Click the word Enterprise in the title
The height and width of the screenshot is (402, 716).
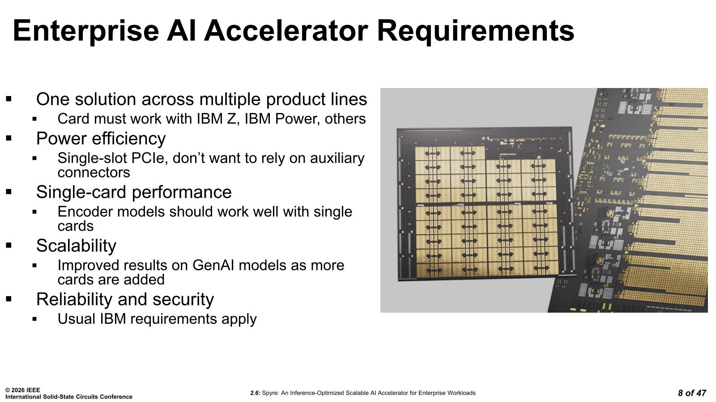tap(86, 31)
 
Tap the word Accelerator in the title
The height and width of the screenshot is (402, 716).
tap(286, 31)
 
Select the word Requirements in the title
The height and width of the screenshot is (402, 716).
tap(476, 31)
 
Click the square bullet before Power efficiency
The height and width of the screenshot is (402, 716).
tap(9, 138)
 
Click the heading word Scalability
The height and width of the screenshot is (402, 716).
tap(76, 246)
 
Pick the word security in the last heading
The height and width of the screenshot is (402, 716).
tap(183, 300)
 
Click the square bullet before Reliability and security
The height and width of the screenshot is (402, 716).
tap(9, 299)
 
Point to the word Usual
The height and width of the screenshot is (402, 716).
tap(77, 319)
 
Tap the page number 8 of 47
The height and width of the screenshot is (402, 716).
tap(692, 393)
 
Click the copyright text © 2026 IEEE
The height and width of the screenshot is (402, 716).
tap(23, 390)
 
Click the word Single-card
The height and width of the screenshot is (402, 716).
tap(81, 192)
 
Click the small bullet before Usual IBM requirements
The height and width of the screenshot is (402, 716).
tap(34, 319)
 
